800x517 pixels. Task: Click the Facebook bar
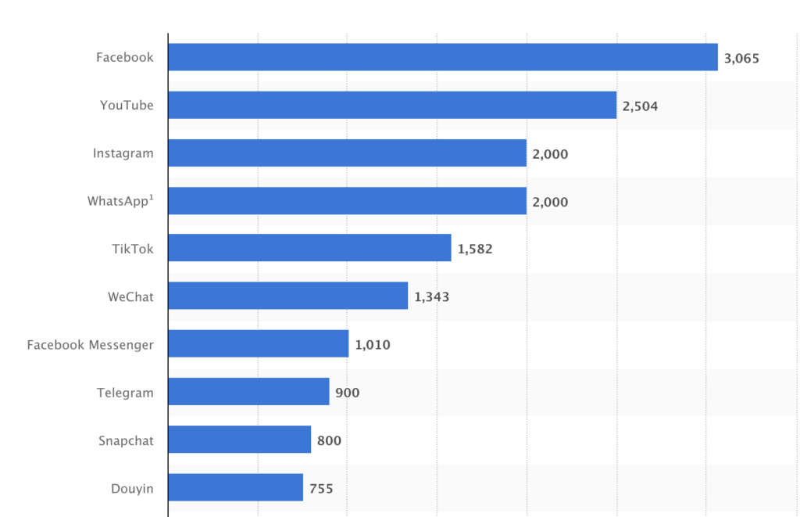coord(442,57)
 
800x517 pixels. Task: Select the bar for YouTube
coord(392,105)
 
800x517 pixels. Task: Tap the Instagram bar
coord(347,153)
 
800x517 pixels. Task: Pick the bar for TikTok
coord(309,249)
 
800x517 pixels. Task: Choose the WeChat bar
coord(287,296)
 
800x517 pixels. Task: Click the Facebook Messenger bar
coord(258,344)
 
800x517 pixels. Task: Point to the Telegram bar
coord(248,392)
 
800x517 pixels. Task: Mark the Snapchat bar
coord(239,440)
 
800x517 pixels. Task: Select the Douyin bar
coord(235,488)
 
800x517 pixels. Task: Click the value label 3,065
coord(741,58)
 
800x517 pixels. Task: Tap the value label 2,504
coord(640,106)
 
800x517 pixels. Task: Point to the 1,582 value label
coord(475,250)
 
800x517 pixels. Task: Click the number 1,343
coord(431,297)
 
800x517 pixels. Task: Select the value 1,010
coord(373,345)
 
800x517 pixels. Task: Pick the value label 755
coord(320,489)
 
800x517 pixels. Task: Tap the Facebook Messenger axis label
coord(90,345)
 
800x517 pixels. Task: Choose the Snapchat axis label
coord(126,440)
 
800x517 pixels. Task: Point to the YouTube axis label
coord(127,106)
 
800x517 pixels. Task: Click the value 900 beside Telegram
coord(348,393)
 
